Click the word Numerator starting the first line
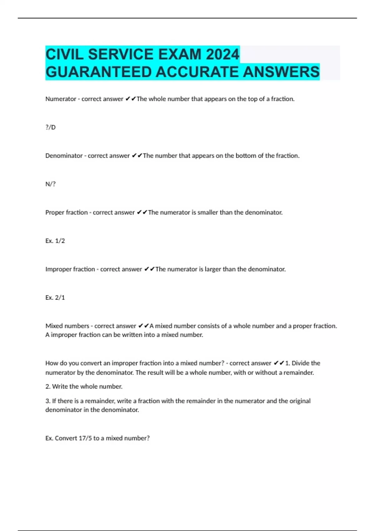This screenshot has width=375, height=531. pos(61,99)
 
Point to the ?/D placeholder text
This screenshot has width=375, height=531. pos(50,127)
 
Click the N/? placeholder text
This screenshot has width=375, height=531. pos(50,184)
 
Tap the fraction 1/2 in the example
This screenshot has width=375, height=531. pos(60,241)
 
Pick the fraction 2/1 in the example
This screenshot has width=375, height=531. pos(60,298)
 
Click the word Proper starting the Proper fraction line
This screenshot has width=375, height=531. pos(55,212)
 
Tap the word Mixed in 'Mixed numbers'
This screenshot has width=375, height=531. pos(54,326)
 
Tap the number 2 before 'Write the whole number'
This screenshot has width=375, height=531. pos(47,387)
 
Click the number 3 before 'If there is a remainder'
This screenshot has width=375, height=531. pos(47,401)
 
